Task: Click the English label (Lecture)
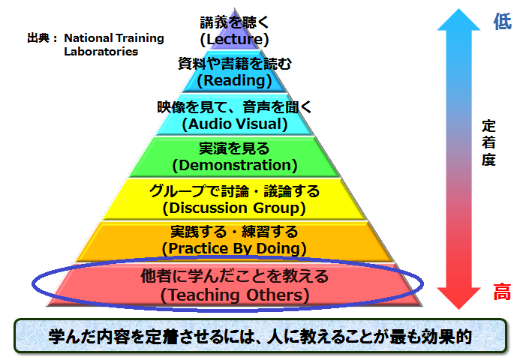point(234,39)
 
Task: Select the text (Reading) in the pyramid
point(234,81)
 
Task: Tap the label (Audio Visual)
point(235,124)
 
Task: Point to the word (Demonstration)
point(235,165)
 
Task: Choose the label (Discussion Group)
point(234,208)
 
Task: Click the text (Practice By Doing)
point(234,249)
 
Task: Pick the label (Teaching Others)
point(235,295)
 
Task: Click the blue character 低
point(502,21)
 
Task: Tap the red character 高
point(502,291)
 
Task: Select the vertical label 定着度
point(488,143)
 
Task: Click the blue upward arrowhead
point(459,20)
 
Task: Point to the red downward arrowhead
point(459,298)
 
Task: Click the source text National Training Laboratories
point(114,45)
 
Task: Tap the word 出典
point(38,38)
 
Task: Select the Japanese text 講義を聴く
point(234,22)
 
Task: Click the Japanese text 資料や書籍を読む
point(235,64)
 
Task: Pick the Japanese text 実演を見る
point(234,148)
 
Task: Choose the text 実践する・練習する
point(234,232)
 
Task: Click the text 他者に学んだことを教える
point(235,276)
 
